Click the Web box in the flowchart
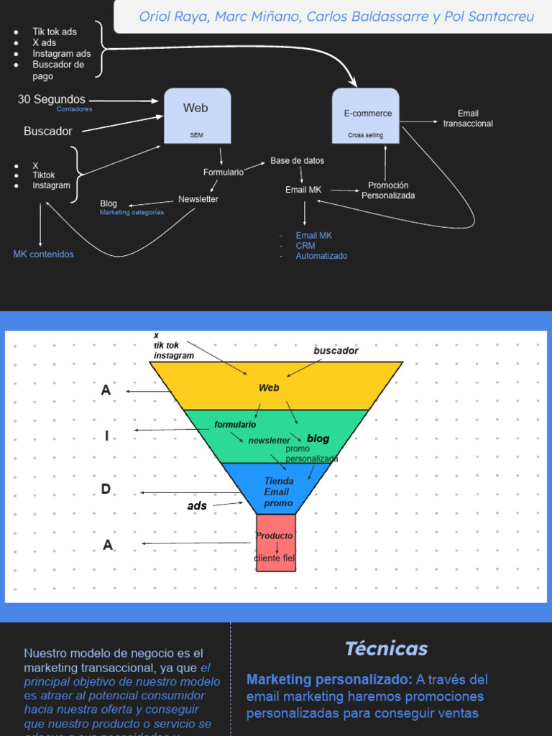tap(197, 115)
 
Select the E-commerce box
tap(366, 115)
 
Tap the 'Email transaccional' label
tap(468, 119)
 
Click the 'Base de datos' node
tap(297, 161)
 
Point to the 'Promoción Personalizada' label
tap(388, 190)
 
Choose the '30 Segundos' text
tap(51, 100)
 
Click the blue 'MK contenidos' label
tap(43, 254)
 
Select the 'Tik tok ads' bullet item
tap(54, 32)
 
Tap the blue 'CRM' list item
tap(305, 246)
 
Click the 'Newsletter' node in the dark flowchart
tap(198, 199)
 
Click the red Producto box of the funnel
tap(275, 542)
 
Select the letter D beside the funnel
tap(106, 489)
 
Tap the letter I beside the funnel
tap(106, 436)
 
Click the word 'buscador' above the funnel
tap(336, 351)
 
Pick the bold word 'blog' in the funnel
tap(318, 438)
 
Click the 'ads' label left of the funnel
tap(197, 506)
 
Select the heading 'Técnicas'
tap(386, 648)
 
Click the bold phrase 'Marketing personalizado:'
tap(329, 679)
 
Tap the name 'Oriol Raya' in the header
tap(171, 17)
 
